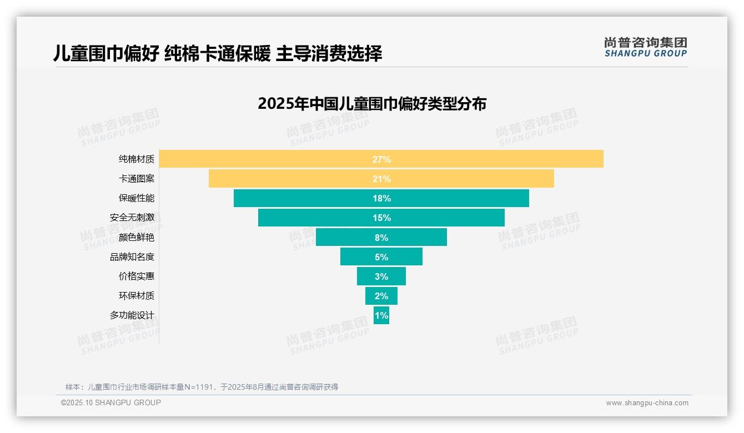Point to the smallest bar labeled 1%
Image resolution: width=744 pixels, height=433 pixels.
(x=381, y=315)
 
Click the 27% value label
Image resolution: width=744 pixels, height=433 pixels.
(x=381, y=159)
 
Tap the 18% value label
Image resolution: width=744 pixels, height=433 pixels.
(x=381, y=198)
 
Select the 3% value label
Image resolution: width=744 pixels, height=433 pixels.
(x=381, y=276)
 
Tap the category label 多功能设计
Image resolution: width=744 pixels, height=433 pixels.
(x=132, y=315)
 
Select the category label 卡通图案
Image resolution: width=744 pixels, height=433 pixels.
(x=137, y=179)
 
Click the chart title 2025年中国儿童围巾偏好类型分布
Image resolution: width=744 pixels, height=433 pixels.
(x=372, y=104)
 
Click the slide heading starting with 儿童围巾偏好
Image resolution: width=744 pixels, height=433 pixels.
(x=218, y=54)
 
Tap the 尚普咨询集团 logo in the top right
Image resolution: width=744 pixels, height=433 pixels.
(x=646, y=47)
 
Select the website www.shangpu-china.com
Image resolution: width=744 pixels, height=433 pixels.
(x=647, y=403)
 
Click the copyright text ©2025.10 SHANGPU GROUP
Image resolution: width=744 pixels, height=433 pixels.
(x=111, y=402)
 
